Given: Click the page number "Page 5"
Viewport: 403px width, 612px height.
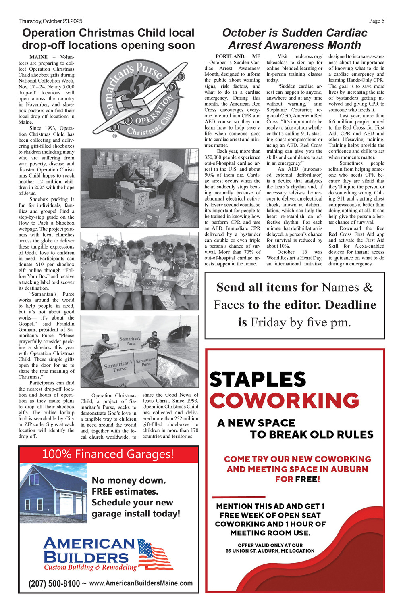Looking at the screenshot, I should click(x=376, y=21).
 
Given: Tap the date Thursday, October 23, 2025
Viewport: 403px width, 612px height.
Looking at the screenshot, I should click(x=51, y=21).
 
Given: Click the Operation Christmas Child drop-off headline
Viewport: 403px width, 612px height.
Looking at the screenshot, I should click(x=108, y=39).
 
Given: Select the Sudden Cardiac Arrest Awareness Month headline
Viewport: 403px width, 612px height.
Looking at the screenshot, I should click(x=295, y=39).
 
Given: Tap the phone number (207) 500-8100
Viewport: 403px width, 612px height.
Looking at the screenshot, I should click(x=54, y=583).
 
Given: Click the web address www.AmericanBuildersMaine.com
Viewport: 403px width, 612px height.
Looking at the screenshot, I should click(x=141, y=583).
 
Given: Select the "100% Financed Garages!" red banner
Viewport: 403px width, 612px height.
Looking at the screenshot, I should click(x=108, y=454).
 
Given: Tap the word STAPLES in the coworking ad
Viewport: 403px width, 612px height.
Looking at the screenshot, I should click(x=258, y=380).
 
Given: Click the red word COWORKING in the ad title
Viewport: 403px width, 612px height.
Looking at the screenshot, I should click(x=284, y=401).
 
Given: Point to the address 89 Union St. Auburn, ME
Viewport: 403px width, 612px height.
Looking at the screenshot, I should click(x=270, y=551).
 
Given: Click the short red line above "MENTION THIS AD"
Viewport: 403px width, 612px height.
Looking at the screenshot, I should click(x=239, y=497).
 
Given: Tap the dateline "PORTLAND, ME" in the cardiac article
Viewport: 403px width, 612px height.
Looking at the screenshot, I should click(x=238, y=56).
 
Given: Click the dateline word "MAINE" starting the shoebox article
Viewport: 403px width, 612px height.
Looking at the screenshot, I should click(x=39, y=57).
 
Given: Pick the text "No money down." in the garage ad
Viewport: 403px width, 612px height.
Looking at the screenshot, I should click(x=129, y=480).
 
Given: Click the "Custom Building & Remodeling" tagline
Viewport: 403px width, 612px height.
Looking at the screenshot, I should click(x=91, y=567).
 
